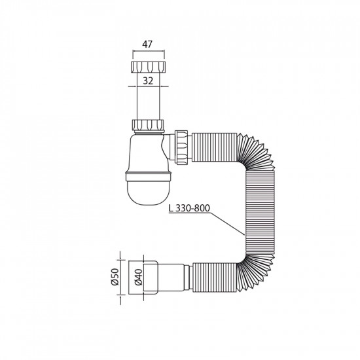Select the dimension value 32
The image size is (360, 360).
147,82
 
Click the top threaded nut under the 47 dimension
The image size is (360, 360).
147,67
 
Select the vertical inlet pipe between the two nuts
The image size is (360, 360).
147,98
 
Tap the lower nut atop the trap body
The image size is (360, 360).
147,124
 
